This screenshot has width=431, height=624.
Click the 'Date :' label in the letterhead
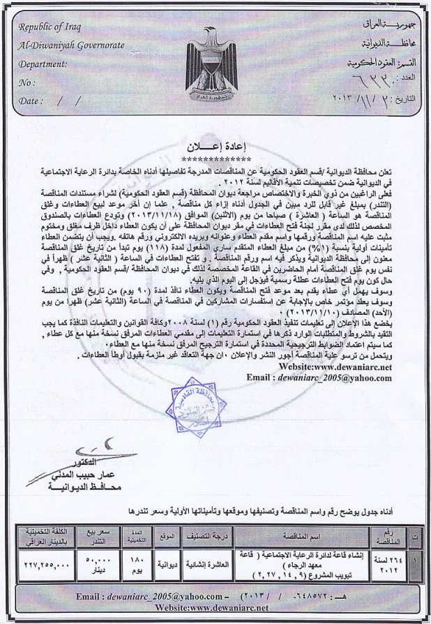[31, 101]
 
